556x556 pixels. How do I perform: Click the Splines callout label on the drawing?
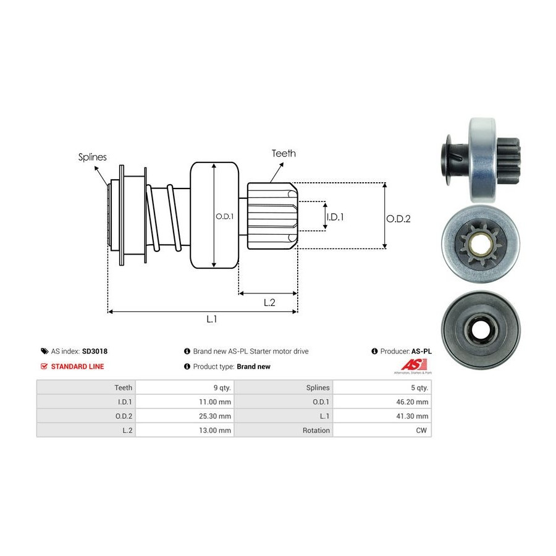[92, 157]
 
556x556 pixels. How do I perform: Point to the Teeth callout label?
[284, 153]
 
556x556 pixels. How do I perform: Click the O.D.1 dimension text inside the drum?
[224, 216]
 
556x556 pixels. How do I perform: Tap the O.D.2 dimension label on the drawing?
[398, 218]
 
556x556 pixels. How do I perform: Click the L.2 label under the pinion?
[269, 302]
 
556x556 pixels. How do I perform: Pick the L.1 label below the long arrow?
[212, 319]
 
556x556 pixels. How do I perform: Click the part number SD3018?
[95, 351]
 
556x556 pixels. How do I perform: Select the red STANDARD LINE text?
[77, 366]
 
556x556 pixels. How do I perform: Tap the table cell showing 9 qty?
[221, 387]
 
